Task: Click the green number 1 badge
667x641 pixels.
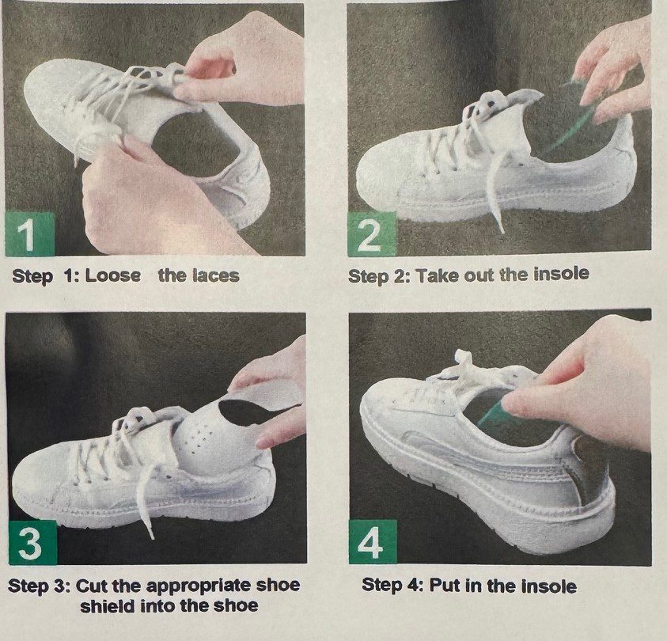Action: [x=30, y=234]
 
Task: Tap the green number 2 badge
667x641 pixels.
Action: [x=371, y=234]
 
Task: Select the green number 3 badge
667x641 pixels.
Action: [x=32, y=543]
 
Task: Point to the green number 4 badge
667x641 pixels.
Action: [x=373, y=542]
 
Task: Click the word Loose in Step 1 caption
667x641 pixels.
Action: [x=112, y=275]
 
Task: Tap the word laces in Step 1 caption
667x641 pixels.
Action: [x=216, y=275]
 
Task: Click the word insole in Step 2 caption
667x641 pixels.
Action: [x=561, y=274]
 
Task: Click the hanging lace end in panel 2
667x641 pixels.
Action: [x=495, y=192]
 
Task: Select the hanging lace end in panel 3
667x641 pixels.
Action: [x=145, y=502]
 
